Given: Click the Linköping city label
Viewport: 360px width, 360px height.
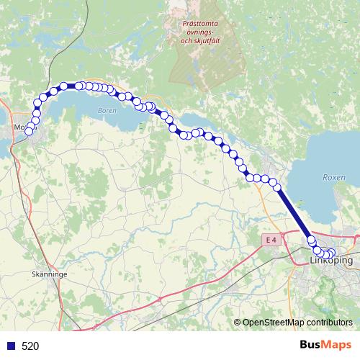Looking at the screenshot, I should (331, 261).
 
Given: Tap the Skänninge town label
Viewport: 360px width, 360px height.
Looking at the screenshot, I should (50, 274).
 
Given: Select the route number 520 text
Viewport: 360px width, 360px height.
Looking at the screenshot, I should (30, 346).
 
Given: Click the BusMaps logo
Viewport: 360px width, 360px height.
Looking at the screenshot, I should (325, 346).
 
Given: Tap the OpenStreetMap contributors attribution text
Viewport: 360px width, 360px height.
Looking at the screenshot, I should (297, 322).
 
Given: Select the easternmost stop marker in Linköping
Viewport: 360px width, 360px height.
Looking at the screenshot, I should (332, 253).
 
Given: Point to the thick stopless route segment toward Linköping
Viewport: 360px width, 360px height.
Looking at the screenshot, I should (294, 213).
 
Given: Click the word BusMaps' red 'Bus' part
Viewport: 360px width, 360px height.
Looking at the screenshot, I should (312, 346).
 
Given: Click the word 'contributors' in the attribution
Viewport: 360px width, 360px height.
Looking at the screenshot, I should (329, 322).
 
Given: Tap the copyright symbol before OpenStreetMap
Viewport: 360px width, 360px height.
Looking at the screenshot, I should (238, 322).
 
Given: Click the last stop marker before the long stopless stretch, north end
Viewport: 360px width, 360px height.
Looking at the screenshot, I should (276, 186).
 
